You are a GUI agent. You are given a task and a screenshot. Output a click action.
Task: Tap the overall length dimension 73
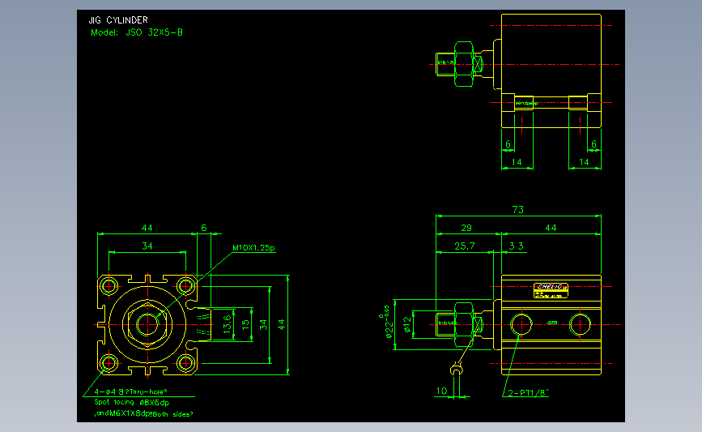[x=518, y=210]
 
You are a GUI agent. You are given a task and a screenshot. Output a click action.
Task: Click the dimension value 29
[x=466, y=229]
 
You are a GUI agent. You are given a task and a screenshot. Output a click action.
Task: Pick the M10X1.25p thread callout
[x=254, y=248]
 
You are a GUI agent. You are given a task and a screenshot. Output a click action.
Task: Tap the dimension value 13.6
[x=228, y=324]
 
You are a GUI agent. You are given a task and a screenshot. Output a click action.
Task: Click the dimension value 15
[x=245, y=324]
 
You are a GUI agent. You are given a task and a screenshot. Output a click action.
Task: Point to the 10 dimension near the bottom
[x=441, y=391]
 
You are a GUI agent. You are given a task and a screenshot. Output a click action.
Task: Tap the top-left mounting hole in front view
[x=108, y=285]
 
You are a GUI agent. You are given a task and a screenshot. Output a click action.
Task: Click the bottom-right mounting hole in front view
[x=187, y=362]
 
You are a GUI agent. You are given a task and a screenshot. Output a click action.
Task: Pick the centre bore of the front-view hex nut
[x=147, y=324]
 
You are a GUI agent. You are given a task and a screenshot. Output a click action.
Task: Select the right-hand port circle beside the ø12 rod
[x=580, y=324]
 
